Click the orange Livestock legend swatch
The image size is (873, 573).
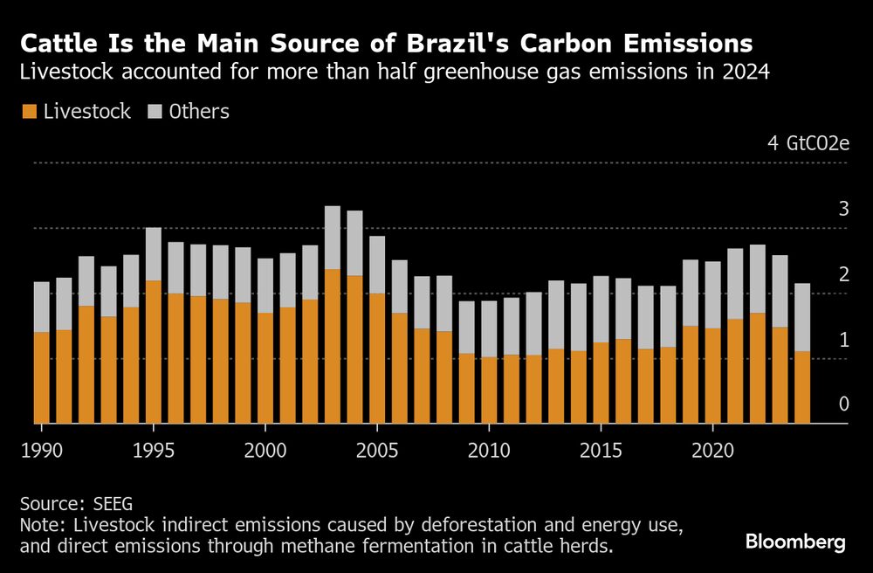point(29,112)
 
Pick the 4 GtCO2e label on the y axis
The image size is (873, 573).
point(808,143)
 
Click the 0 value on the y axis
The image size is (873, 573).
point(843,404)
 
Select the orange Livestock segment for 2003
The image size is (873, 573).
point(332,346)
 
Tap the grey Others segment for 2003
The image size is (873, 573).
point(332,238)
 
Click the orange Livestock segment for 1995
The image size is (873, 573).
point(153,352)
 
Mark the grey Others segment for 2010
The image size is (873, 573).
point(489,328)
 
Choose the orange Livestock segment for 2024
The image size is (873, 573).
point(801,388)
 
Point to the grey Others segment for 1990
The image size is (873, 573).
point(41,307)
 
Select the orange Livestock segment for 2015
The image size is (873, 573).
point(601,383)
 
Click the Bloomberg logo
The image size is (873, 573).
point(795,542)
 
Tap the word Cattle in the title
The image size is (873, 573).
point(55,43)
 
